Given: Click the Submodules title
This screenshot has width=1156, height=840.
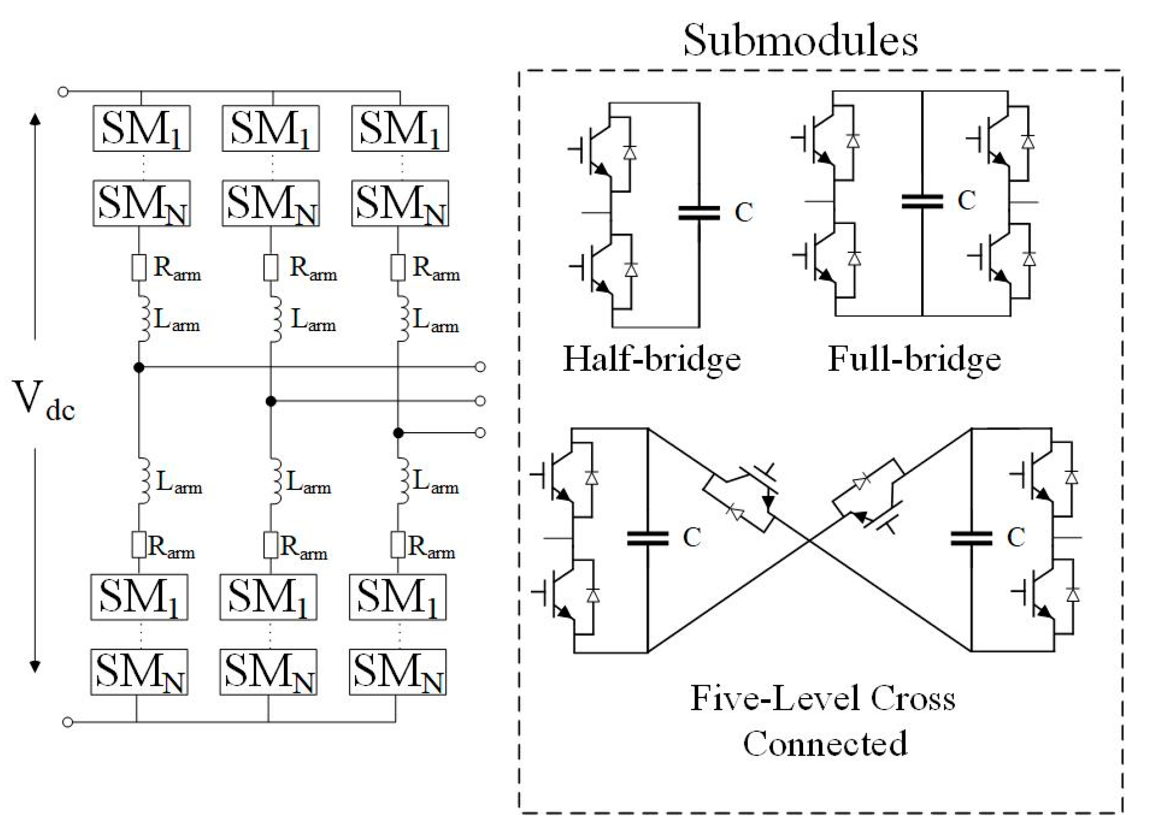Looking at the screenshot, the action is tap(800, 40).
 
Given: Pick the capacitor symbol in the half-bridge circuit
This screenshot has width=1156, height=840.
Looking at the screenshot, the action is tap(699, 213).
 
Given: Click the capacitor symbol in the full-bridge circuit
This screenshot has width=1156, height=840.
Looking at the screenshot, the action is tap(922, 202).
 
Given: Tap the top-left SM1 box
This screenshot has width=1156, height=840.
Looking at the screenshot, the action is tap(141, 128).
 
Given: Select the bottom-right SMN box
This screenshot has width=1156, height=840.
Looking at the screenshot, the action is tap(397, 672).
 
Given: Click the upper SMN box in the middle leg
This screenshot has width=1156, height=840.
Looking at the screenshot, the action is tap(271, 203).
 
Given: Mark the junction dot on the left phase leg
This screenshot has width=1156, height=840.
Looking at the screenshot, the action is tap(139, 368).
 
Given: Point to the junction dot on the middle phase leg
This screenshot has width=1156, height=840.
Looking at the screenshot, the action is tap(271, 401).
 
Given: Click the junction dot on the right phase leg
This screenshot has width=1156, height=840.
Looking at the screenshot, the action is tap(399, 433).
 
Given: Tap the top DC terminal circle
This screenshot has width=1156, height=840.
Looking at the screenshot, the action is tap(63, 92).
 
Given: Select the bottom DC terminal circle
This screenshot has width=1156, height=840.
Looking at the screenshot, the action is tap(67, 722).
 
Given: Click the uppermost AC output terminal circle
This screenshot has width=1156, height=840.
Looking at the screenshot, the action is tap(480, 367).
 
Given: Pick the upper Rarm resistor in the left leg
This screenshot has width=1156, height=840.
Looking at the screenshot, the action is tap(139, 267).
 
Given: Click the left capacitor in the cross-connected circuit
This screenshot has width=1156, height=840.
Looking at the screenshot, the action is tap(648, 538).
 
